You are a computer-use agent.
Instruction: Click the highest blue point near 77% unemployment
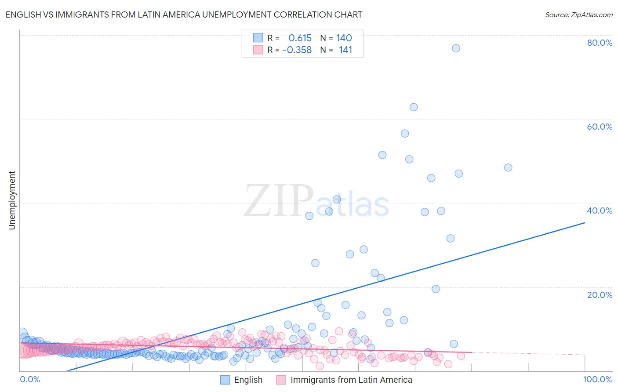[x=456, y=48]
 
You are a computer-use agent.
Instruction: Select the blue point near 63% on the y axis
[x=414, y=107]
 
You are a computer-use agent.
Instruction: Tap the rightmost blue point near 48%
[x=508, y=167]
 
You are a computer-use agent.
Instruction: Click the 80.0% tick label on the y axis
[x=600, y=43]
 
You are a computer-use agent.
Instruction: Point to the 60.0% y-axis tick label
[x=600, y=127]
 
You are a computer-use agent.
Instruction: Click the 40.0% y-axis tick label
[x=600, y=211]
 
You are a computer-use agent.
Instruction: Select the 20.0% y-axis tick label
[x=600, y=295]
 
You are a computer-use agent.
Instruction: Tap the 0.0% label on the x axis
[x=30, y=379]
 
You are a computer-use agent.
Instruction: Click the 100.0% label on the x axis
[x=597, y=379]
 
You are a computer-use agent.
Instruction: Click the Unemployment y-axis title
[x=12, y=200]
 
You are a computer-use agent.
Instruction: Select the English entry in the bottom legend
[x=248, y=380]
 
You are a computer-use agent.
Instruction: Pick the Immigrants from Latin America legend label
[x=351, y=380]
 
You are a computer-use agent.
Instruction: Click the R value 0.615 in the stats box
[x=300, y=38]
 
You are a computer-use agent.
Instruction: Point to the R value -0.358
[x=297, y=50]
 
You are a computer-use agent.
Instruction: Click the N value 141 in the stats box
[x=345, y=50]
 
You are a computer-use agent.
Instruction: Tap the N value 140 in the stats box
[x=344, y=38]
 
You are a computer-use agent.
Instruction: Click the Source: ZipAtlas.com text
[x=578, y=15]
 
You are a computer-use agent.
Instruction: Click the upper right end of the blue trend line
[x=585, y=223]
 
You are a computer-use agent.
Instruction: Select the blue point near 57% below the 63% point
[x=405, y=134]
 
